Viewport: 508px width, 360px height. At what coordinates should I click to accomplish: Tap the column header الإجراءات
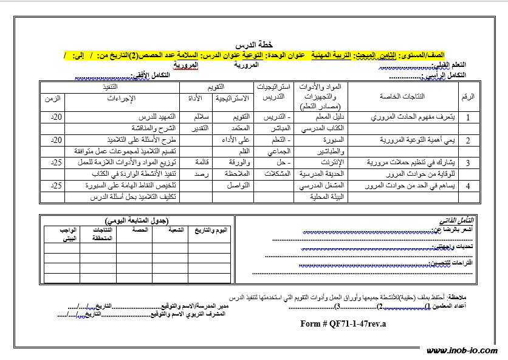(121, 98)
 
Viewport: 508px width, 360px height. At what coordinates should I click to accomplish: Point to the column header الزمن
(53, 98)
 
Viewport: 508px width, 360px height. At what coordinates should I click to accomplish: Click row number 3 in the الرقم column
(467, 164)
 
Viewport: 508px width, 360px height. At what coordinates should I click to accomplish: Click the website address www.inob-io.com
(463, 350)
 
